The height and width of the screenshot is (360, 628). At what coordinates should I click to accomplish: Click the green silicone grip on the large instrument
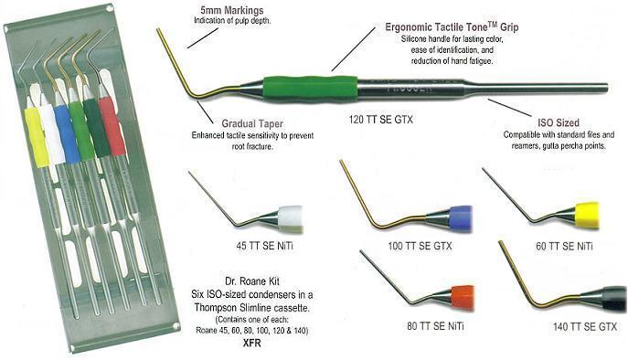tap(310, 89)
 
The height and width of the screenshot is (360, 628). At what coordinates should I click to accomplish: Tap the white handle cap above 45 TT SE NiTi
tap(291, 219)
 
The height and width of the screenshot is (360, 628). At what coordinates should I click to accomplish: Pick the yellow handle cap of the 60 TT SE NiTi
tap(587, 216)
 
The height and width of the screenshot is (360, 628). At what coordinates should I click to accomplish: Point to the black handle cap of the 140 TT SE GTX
tap(614, 300)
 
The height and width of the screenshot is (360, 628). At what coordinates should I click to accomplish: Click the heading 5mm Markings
tap(232, 10)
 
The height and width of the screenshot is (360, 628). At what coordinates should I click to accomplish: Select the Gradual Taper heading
tap(252, 123)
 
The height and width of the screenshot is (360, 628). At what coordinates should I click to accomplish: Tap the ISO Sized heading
tap(559, 122)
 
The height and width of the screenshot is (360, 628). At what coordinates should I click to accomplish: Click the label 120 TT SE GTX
tap(380, 119)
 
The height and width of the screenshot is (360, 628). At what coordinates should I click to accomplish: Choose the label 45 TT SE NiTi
tap(265, 246)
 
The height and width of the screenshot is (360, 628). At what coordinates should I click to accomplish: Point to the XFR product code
tap(252, 344)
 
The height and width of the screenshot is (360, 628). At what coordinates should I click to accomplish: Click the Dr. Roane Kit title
tap(252, 281)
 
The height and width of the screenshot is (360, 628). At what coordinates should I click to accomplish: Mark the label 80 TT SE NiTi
tap(435, 326)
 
